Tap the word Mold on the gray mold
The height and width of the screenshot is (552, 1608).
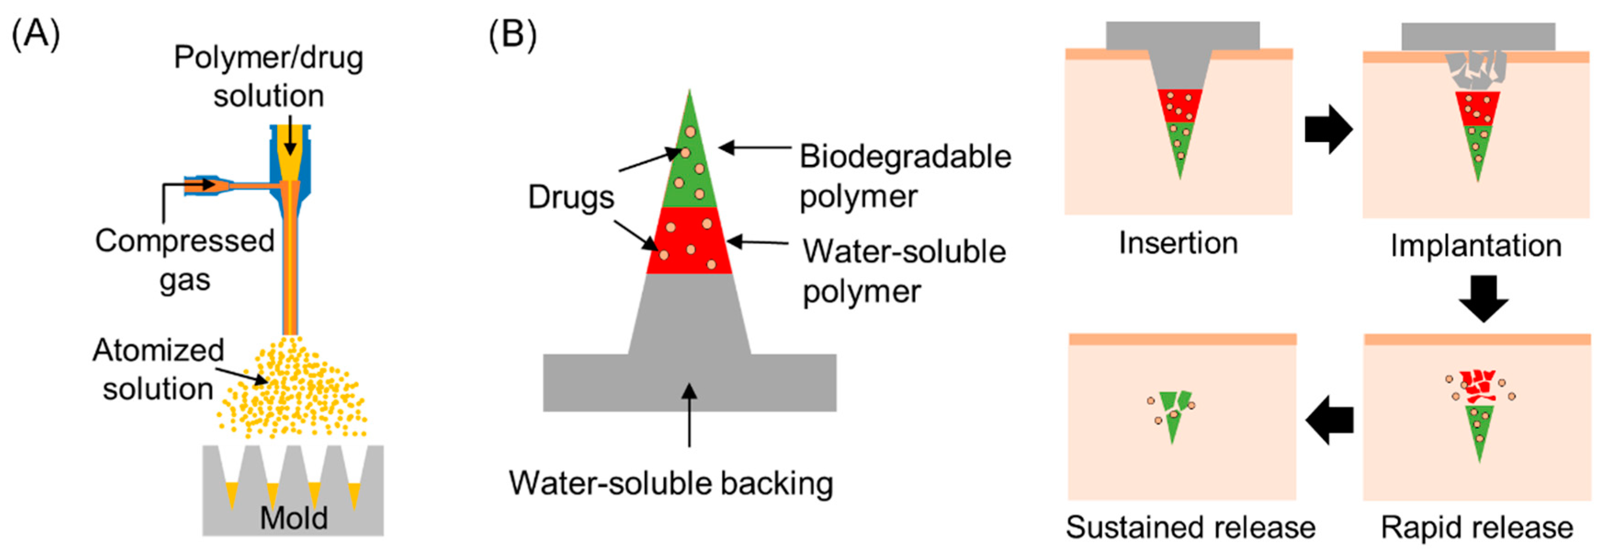[293, 518]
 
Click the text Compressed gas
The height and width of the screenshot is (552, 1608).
[185, 260]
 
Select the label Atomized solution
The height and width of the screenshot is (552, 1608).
[158, 369]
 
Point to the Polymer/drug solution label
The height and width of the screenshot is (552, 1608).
[268, 76]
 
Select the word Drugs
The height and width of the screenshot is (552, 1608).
[570, 197]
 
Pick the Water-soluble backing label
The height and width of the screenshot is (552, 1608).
[671, 483]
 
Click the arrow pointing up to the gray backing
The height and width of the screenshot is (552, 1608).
[689, 415]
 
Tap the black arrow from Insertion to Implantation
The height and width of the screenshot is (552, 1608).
[1328, 129]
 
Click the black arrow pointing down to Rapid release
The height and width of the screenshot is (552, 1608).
[1483, 298]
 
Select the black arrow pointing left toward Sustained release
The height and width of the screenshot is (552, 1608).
[1330, 420]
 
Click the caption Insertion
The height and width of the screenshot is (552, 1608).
[1178, 243]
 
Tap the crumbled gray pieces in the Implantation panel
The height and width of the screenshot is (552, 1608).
[1476, 70]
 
